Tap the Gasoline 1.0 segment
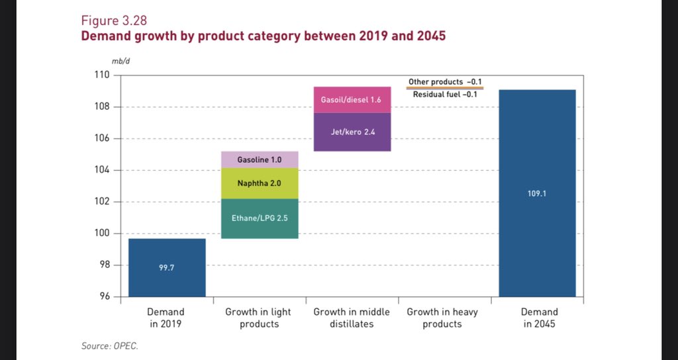(259, 159)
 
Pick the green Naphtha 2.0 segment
(259, 183)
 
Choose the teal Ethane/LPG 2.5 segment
(259, 218)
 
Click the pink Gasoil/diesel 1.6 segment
(352, 100)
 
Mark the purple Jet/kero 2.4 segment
(352, 132)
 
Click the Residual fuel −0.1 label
(444, 95)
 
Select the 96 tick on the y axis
(103, 296)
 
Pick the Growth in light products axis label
(258, 318)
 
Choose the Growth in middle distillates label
(352, 318)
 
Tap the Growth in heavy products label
(442, 318)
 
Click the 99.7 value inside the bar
(166, 267)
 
